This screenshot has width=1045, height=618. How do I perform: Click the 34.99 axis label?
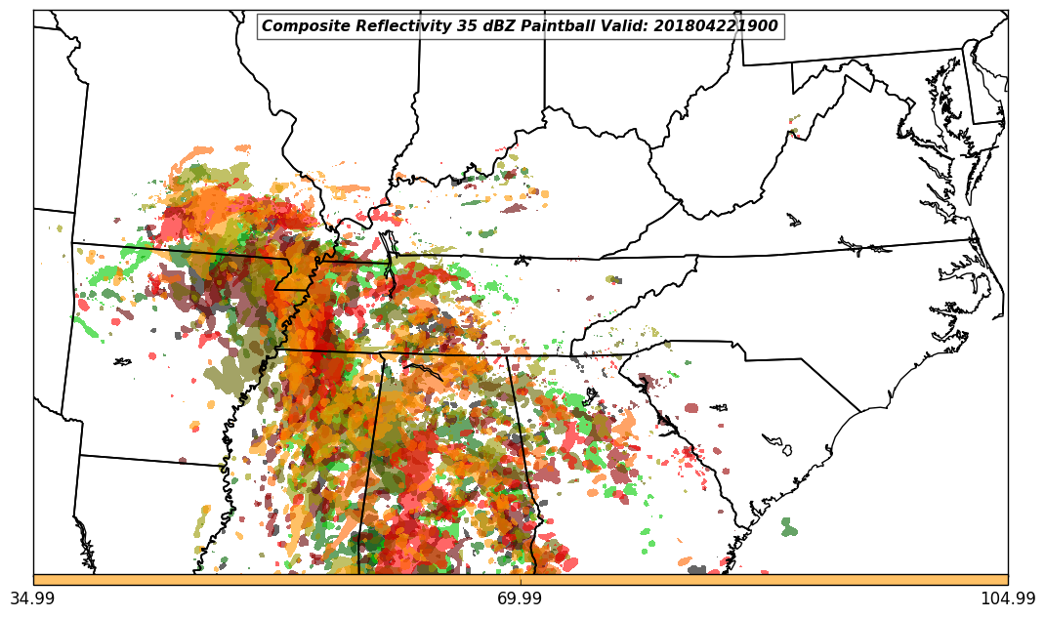coord(33,598)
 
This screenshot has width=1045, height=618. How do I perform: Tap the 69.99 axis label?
coord(521,598)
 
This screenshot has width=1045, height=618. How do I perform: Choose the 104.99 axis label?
coord(1008,598)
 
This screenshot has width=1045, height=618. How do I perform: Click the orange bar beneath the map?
coord(521,580)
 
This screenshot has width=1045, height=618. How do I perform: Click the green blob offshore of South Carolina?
coord(788,528)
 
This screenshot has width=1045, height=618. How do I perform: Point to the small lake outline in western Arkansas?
coord(122,362)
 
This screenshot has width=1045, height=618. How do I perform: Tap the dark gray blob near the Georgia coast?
coord(696,569)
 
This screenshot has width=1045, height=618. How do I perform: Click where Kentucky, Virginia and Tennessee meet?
coord(600,259)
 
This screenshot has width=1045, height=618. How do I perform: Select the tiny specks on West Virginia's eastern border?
coord(793,126)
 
